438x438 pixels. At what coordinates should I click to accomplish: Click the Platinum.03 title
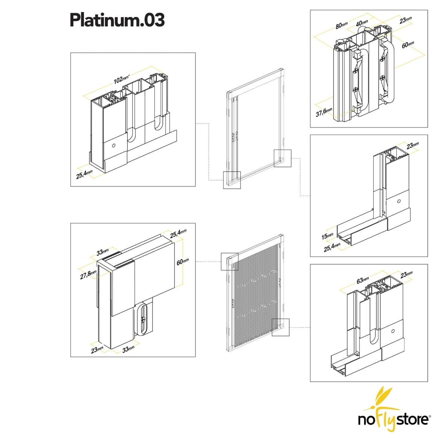117,20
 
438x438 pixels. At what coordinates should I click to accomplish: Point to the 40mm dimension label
362,23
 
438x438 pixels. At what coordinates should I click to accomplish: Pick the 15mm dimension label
327,236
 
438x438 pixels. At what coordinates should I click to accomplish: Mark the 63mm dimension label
362,280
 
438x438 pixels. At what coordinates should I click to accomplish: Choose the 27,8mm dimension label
88,274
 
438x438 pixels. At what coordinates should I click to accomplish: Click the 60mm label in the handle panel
408,45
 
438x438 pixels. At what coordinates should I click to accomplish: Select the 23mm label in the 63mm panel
406,274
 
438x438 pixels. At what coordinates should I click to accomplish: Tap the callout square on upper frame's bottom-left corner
232,180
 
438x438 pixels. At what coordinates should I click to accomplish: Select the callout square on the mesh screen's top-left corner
230,261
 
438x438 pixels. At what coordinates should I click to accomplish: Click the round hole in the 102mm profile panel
114,145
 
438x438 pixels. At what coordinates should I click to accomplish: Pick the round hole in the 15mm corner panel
399,201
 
